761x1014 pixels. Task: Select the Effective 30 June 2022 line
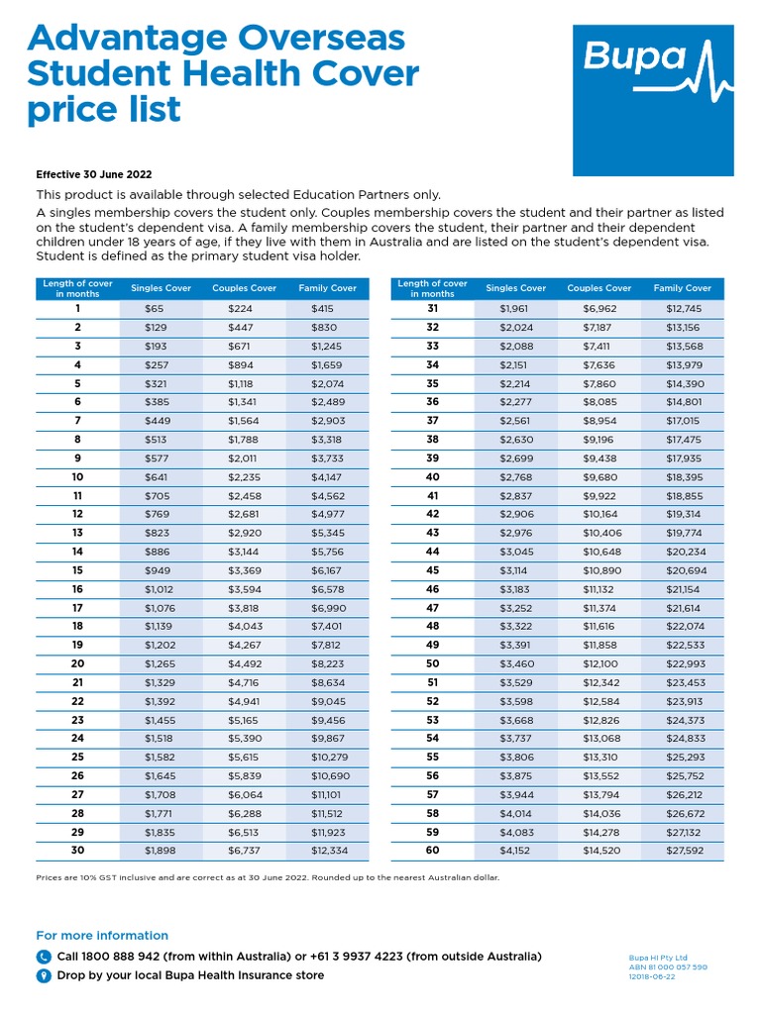(94, 174)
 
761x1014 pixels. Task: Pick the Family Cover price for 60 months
(683, 850)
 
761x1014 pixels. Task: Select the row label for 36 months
(432, 402)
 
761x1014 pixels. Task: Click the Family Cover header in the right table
(682, 288)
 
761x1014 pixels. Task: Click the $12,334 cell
(330, 850)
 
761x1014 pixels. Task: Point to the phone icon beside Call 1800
(44, 957)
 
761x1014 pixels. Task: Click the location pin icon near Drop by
(44, 975)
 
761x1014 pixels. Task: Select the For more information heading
(102, 935)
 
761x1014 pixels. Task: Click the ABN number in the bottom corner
(668, 967)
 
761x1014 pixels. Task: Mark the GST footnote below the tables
(268, 877)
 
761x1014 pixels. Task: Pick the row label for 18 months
(77, 626)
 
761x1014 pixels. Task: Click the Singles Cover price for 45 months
(513, 570)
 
